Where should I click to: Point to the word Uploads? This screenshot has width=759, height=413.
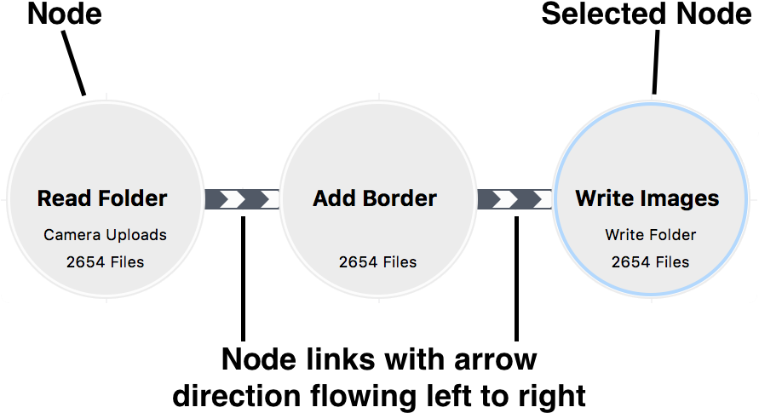click(135, 234)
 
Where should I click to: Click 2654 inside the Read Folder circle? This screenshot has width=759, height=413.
click(84, 262)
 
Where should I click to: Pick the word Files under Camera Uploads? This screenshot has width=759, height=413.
click(126, 262)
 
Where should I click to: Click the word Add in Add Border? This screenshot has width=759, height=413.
click(333, 198)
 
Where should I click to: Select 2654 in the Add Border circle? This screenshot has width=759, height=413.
click(357, 262)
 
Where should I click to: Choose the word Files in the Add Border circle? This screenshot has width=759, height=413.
click(399, 262)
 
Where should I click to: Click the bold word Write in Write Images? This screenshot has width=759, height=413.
click(605, 198)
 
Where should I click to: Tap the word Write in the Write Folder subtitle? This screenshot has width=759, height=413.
click(624, 234)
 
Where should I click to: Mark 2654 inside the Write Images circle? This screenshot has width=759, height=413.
click(630, 262)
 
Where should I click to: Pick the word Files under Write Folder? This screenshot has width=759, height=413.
click(671, 262)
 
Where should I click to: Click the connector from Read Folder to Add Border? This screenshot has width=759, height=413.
click(242, 199)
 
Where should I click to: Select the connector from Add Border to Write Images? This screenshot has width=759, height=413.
click(515, 199)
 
